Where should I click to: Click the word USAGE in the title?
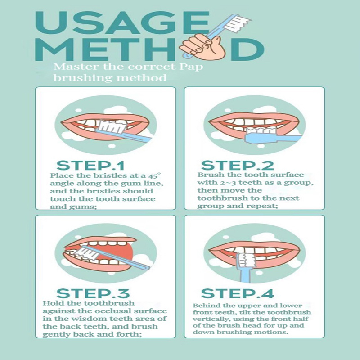(121, 22)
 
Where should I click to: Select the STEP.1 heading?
(90, 165)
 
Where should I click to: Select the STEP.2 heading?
(238, 165)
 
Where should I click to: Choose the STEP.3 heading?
(93, 293)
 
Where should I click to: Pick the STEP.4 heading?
(238, 293)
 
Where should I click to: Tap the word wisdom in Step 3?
(92, 319)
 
